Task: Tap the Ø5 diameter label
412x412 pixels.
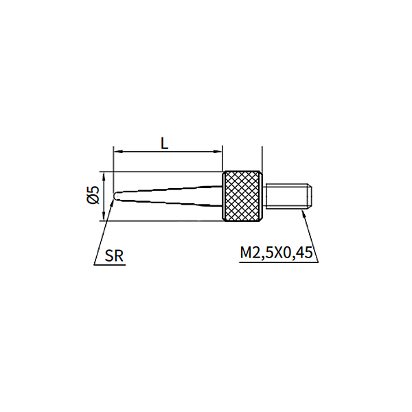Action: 93,196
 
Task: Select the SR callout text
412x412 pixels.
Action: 115,256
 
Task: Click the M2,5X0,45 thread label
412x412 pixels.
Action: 276,253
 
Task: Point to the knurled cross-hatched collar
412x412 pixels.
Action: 242,196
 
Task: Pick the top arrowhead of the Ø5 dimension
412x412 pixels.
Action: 104,174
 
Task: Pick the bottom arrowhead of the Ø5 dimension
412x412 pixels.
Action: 104,218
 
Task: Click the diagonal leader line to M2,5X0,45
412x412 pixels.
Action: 311,233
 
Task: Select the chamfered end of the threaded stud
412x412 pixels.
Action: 310,196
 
